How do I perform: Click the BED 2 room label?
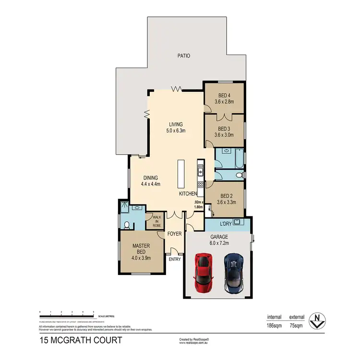coord(225,196)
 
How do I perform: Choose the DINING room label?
coord(150,178)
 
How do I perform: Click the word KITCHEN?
coord(188,194)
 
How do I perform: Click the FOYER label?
coord(174,234)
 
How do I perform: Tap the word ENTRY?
coord(175,260)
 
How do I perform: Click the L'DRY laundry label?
coord(226,224)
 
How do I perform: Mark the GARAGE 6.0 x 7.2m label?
coord(219,240)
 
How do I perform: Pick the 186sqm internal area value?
coord(275,325)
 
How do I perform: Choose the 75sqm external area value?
coord(297,325)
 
